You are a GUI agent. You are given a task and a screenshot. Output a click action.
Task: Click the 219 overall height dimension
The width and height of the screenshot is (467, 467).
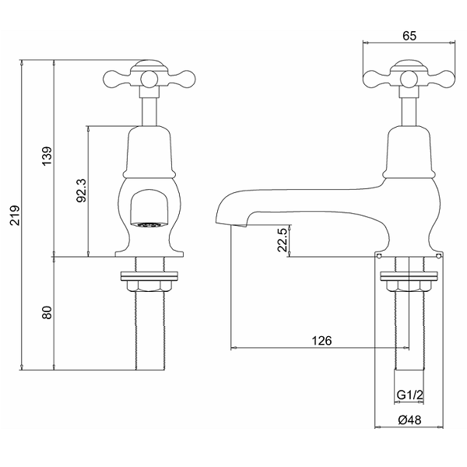pos(15,215)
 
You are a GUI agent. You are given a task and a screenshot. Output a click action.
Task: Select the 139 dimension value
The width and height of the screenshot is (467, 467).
pos(47,156)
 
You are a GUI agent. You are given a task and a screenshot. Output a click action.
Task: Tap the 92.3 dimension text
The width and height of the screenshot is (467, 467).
pos(81,191)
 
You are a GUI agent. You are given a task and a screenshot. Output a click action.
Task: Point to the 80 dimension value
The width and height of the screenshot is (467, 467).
pos(47,312)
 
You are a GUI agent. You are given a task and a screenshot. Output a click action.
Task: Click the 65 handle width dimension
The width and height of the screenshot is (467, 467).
pos(409,36)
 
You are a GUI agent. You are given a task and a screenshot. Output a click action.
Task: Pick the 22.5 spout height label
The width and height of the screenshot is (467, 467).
pos(282,240)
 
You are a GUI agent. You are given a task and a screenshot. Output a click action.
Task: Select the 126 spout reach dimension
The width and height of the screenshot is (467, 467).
pos(321,340)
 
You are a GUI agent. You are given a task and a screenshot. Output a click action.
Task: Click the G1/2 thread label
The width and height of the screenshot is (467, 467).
pos(410,395)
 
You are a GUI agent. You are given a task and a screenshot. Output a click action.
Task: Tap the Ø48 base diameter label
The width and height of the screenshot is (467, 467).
pos(410,420)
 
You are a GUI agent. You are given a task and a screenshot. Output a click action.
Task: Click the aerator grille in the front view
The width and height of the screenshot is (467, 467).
pos(149,225)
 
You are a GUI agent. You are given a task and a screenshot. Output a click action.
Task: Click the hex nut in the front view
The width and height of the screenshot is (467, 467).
pos(149,286)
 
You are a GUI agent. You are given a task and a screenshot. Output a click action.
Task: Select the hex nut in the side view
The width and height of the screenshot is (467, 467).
pos(409,286)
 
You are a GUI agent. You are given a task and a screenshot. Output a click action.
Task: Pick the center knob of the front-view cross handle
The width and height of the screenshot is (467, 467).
pos(149,79)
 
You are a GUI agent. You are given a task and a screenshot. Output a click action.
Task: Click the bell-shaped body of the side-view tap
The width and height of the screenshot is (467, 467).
pos(409,152)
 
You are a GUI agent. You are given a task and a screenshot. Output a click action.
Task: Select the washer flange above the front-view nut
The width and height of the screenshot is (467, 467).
pos(149,276)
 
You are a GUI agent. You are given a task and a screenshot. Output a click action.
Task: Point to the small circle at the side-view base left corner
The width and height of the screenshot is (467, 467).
pos(378,256)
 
